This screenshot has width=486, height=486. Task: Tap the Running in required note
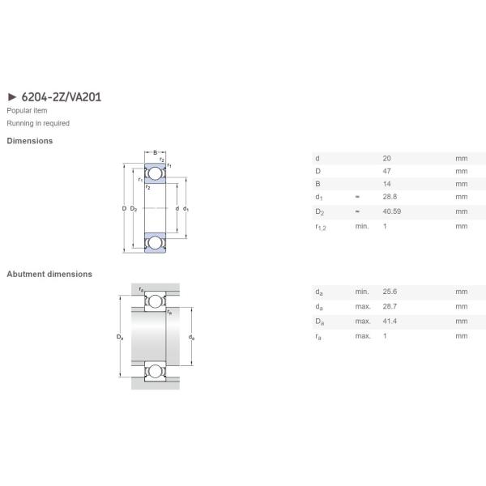pos(38,123)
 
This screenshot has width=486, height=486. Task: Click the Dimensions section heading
pos(30,141)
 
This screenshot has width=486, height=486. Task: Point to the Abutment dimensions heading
pos(49,275)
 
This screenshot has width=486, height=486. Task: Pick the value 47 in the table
pos(386,171)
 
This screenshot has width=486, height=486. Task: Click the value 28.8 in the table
pos(389,197)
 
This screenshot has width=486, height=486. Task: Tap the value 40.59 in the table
pos(391,211)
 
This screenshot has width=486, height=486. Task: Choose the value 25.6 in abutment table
pos(389,292)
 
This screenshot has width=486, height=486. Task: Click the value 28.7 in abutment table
pos(389,307)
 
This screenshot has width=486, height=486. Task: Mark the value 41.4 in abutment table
pos(389,322)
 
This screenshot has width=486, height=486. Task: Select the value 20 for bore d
pos(386,157)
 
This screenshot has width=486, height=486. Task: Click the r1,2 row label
pos(322,227)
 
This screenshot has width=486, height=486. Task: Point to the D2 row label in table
pos(320,211)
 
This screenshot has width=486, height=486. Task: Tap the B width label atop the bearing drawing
pos(155,151)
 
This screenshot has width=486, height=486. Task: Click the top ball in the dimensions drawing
pos(155,173)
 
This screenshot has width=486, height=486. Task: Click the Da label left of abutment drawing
pos(120,337)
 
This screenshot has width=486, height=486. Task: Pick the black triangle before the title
pos(11,97)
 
